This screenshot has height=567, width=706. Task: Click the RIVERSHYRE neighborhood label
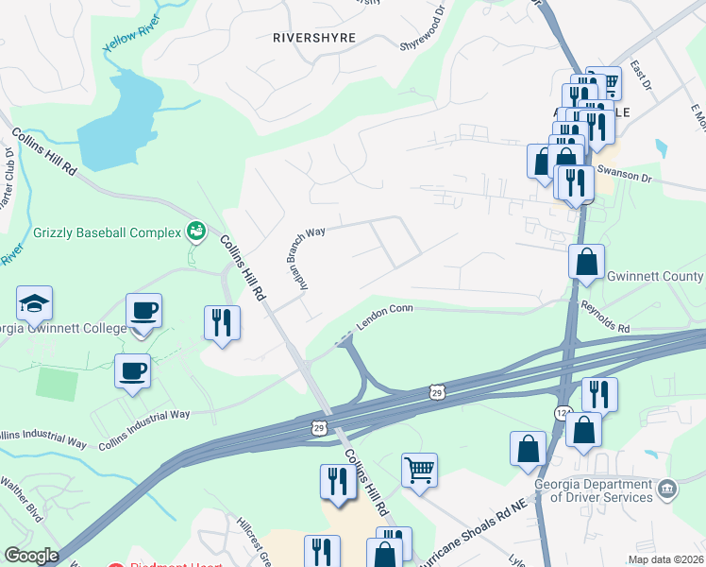click(312, 39)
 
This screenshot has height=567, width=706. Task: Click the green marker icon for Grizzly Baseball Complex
click(196, 230)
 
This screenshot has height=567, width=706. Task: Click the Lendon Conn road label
click(385, 316)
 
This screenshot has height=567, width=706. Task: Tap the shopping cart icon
click(419, 468)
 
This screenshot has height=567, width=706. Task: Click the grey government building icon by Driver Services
click(667, 489)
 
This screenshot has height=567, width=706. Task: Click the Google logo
click(31, 556)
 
